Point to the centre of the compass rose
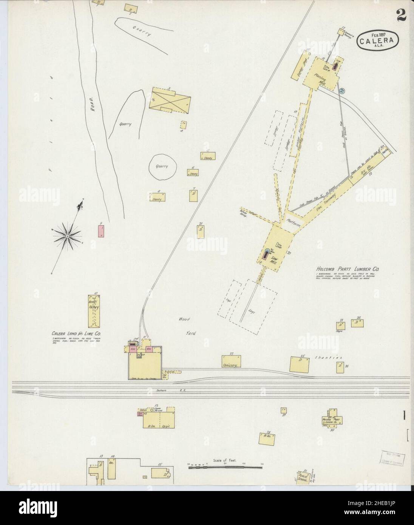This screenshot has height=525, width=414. [x=67, y=236]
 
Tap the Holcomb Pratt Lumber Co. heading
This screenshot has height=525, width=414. [x=348, y=269]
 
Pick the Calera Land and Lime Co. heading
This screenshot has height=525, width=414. [x=79, y=334]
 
